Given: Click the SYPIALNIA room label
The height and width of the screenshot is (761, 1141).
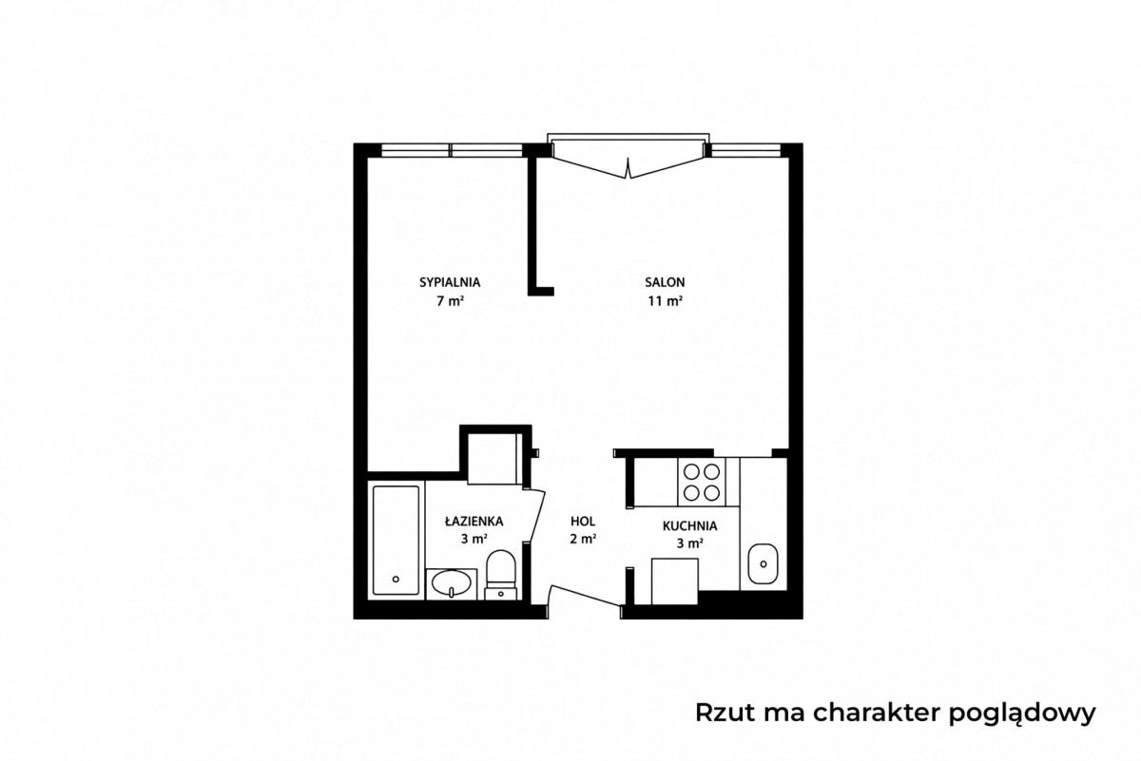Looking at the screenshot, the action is [x=450, y=282].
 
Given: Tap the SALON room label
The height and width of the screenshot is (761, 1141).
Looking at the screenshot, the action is [x=665, y=282].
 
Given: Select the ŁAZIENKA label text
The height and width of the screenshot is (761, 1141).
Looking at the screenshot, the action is [x=474, y=521].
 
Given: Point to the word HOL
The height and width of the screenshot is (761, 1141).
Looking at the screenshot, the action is [x=583, y=522].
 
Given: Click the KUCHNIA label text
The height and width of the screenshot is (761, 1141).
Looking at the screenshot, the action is [x=689, y=525].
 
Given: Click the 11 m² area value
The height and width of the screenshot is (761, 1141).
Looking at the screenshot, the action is [x=665, y=301].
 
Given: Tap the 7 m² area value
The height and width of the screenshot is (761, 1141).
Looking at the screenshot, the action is [x=450, y=301].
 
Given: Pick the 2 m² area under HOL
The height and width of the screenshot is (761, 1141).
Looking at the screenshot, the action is [x=583, y=539].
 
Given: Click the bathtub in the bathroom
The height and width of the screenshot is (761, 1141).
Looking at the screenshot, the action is [x=396, y=540].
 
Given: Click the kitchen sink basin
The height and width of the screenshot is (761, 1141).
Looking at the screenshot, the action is [x=763, y=564].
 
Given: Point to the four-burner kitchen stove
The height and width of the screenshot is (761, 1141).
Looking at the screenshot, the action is [x=702, y=482].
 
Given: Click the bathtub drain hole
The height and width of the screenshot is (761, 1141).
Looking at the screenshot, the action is [x=396, y=580].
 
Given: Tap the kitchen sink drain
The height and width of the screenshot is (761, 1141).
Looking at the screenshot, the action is [x=763, y=564].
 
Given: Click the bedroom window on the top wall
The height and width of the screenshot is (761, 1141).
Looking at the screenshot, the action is [x=452, y=150].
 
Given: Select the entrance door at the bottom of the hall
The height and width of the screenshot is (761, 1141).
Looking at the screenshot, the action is [x=585, y=596].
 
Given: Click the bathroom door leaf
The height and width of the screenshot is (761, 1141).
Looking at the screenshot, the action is [x=537, y=515].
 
